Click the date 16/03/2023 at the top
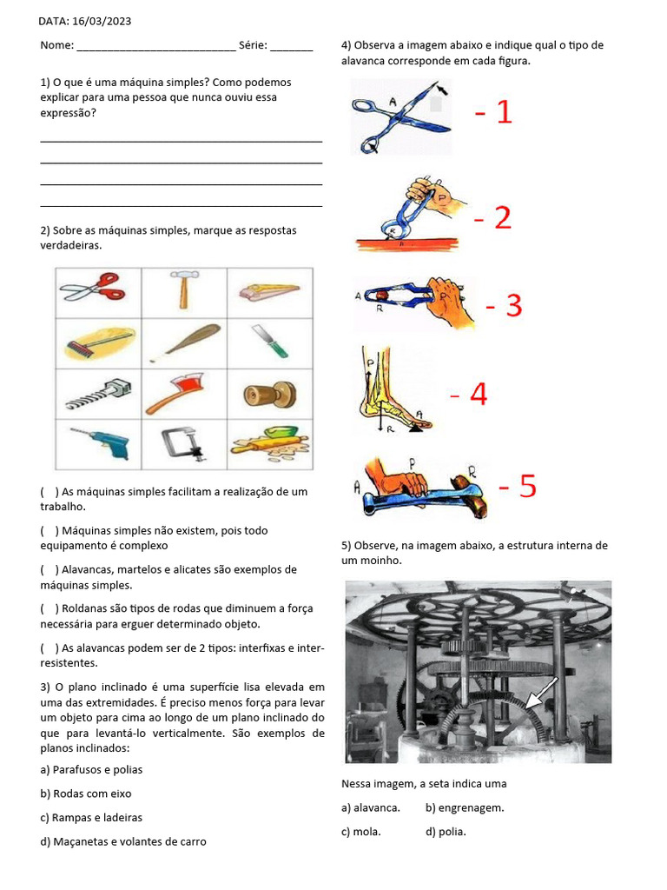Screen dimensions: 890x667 tap(102, 21)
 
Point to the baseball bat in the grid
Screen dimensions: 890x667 tap(183, 342)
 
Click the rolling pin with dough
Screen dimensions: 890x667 tap(268, 443)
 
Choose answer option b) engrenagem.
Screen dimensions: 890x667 tap(465, 807)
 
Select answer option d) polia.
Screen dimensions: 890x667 tap(446, 832)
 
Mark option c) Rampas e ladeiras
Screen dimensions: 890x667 tap(91, 818)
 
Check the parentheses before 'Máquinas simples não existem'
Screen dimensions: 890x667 tap(49, 530)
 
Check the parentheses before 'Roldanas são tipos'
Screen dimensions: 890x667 tap(49, 608)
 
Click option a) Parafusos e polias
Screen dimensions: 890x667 tap(91, 770)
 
